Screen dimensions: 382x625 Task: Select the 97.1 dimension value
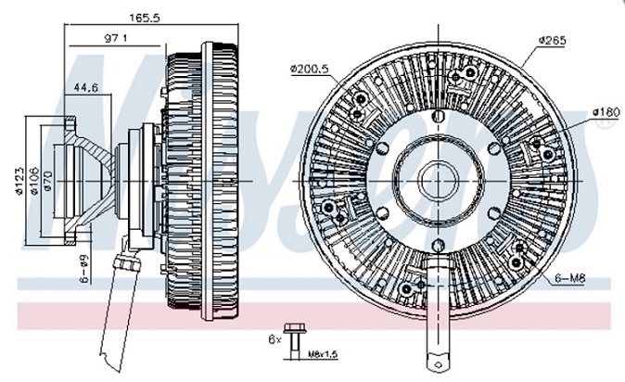pos(116,38)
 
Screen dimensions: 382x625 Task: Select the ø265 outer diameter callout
pos(552,41)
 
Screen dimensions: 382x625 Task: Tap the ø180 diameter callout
pos(604,113)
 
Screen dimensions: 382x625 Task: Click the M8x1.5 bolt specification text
pos(325,353)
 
